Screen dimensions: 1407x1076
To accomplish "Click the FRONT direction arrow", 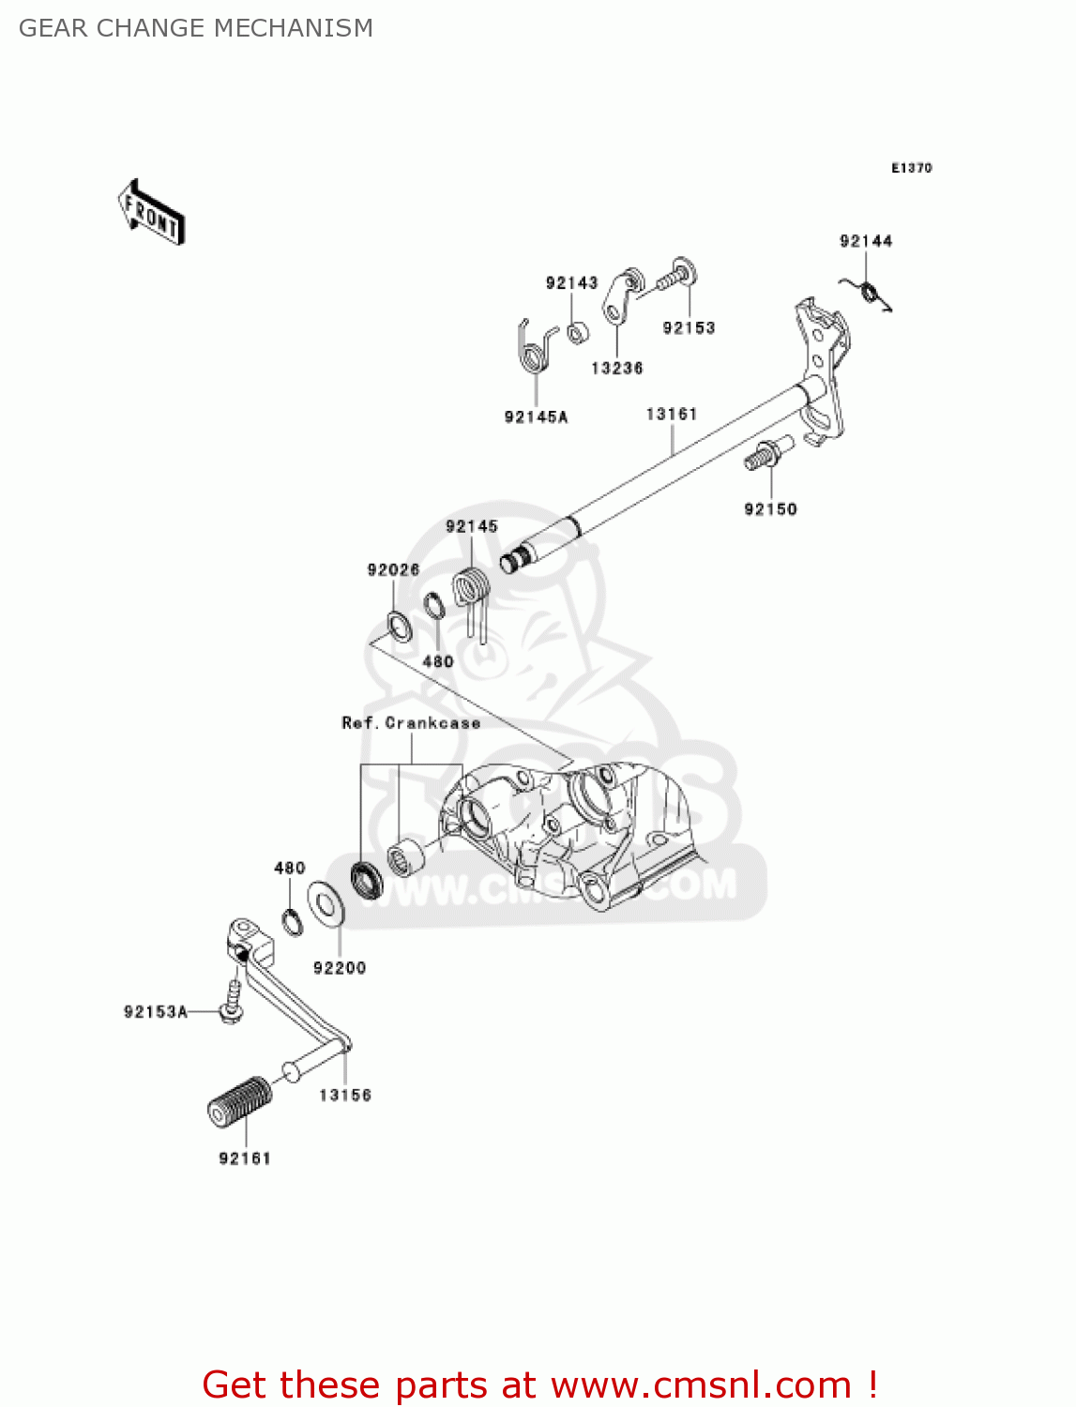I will [151, 213].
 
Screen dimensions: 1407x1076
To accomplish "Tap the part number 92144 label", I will [865, 241].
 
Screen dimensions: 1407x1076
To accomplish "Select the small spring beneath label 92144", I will [870, 294].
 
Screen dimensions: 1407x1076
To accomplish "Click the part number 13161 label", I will [672, 414].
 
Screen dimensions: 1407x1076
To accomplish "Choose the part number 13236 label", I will [616, 369].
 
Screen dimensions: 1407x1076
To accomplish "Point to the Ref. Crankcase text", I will [411, 723].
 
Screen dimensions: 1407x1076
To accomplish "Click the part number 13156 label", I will [344, 1095].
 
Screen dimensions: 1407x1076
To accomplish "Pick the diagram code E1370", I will [911, 168].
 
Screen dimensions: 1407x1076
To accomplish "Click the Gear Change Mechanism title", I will [196, 28].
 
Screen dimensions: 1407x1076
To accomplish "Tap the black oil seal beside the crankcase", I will [366, 879].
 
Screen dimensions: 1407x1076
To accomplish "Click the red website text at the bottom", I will [539, 1384].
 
